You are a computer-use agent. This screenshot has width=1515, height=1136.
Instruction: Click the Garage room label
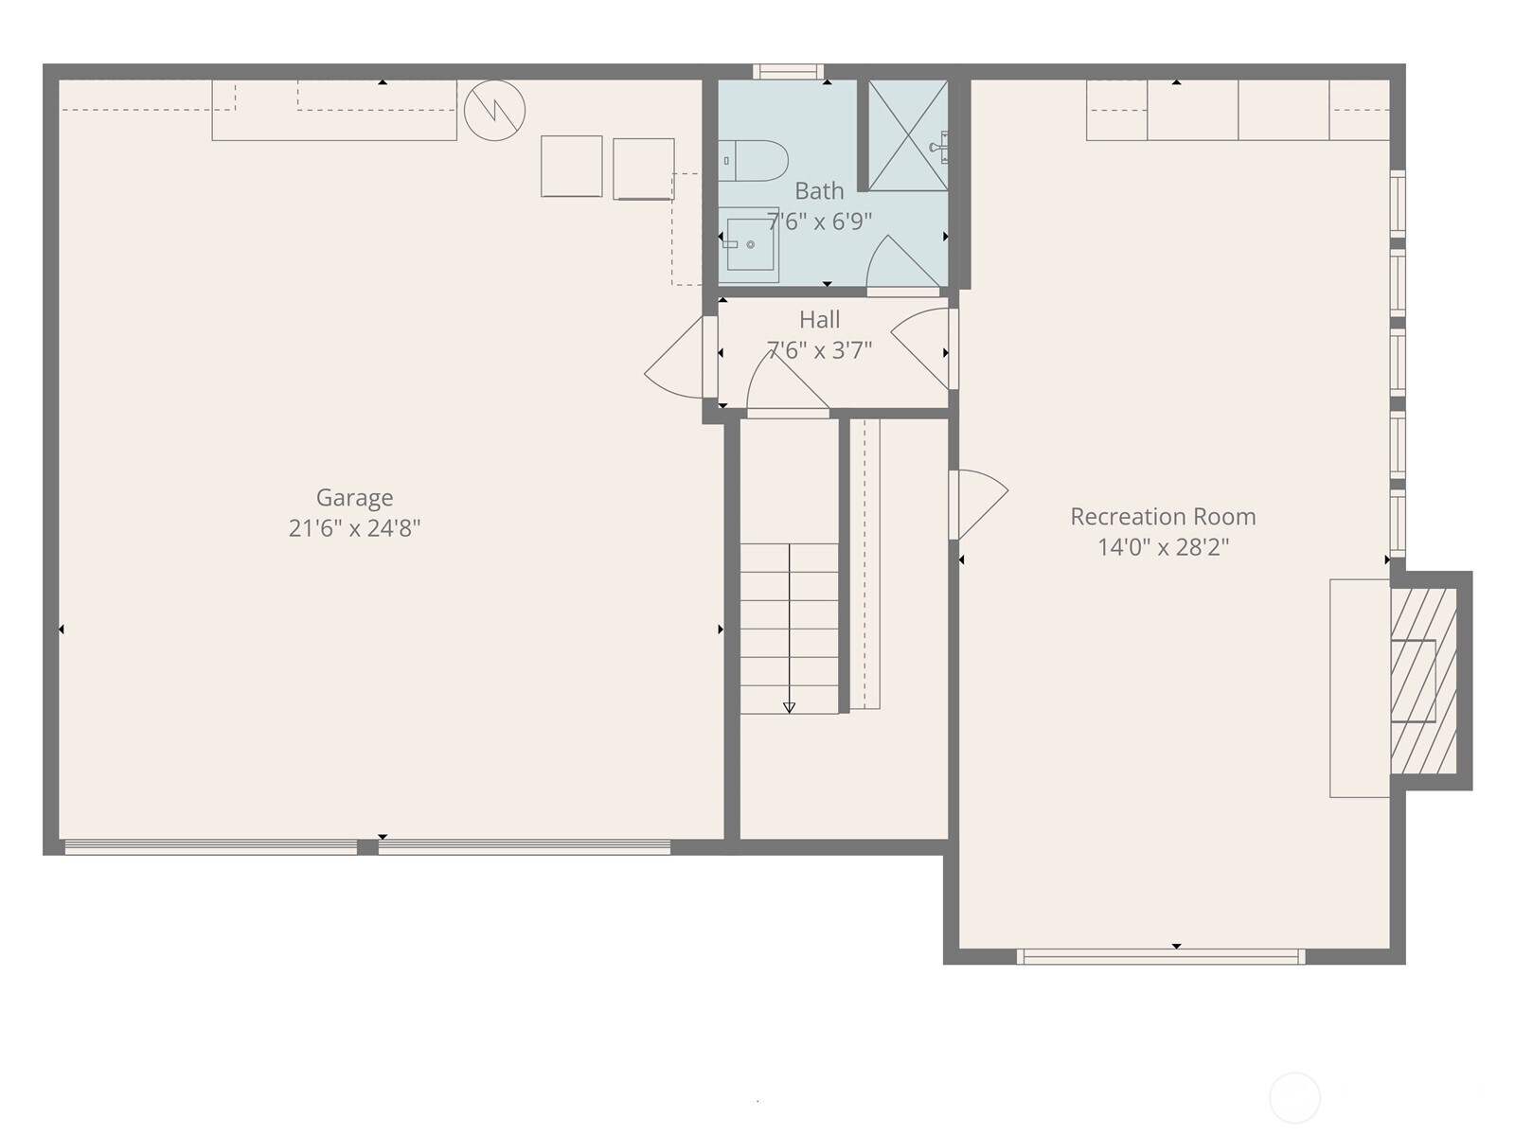click(x=354, y=498)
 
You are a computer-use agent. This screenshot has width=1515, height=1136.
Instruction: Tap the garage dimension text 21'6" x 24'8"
click(x=354, y=528)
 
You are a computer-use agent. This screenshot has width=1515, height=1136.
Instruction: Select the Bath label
click(x=819, y=191)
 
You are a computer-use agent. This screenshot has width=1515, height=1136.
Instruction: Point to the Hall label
click(x=819, y=320)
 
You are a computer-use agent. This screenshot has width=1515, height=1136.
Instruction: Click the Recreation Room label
click(x=1163, y=517)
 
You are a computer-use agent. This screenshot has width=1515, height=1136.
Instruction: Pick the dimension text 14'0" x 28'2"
click(x=1163, y=547)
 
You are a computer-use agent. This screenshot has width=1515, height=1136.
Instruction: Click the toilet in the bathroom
click(x=754, y=161)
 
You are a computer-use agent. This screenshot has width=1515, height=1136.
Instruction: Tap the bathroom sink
click(x=749, y=244)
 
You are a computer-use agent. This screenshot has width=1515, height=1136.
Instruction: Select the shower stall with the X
click(x=907, y=135)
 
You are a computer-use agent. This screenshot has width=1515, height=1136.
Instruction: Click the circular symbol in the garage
click(x=494, y=111)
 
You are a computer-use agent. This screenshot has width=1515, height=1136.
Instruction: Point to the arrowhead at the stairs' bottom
click(x=789, y=707)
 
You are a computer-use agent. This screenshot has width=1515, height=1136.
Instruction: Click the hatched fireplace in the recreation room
click(x=1422, y=681)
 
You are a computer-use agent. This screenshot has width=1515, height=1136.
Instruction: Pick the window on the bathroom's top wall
click(x=788, y=71)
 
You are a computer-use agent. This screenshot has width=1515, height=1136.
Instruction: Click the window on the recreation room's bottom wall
click(x=1161, y=957)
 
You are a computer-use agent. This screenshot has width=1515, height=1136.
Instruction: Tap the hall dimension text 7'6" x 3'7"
click(x=819, y=350)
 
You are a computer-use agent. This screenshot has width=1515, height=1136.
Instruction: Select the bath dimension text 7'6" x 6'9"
click(x=819, y=222)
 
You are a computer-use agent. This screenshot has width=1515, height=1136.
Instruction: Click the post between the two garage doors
click(x=367, y=847)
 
